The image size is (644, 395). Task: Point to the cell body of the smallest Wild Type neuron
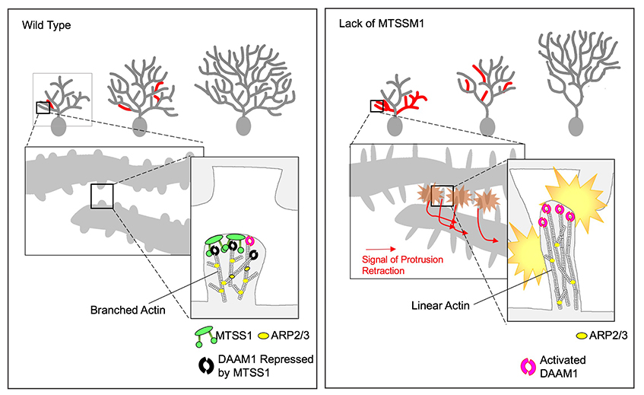pyautogui.click(x=57, y=126)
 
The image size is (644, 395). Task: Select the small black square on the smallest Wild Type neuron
pyautogui.click(x=43, y=107)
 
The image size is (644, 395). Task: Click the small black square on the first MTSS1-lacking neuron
pyautogui.click(x=377, y=106)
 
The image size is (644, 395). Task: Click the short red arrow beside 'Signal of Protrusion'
pyautogui.click(x=379, y=248)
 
